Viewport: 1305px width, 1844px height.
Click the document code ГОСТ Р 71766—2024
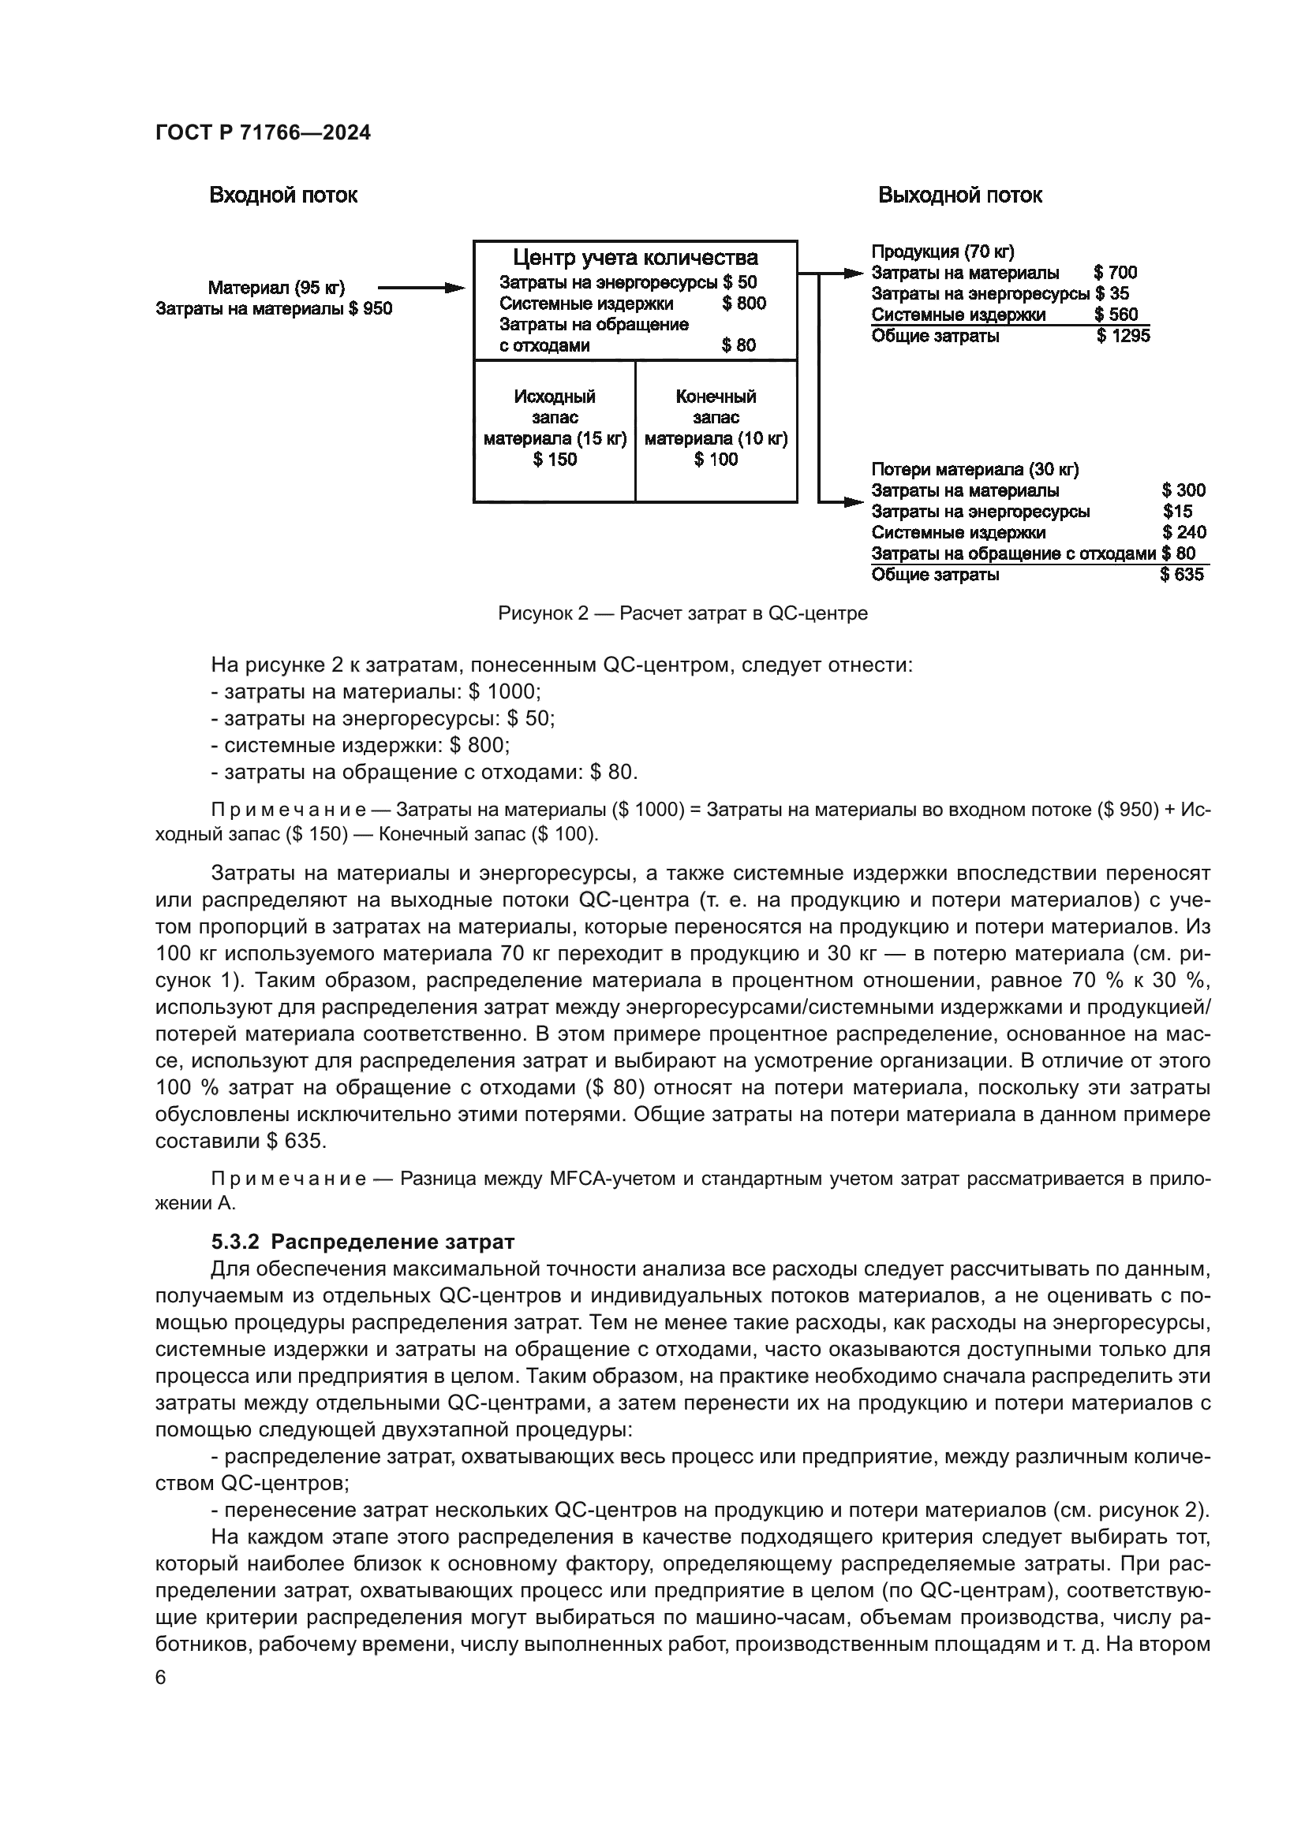(263, 133)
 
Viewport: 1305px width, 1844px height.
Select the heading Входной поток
(283, 196)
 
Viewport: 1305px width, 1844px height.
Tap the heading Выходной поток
(959, 196)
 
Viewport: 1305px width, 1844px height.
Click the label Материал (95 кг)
(275, 288)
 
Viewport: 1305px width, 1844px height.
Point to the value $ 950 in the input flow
(371, 308)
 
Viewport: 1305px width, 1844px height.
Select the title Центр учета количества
(635, 258)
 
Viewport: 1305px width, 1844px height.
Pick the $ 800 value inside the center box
(743, 304)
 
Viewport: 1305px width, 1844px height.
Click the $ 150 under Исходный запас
(555, 460)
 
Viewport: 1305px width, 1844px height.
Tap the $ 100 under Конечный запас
(715, 460)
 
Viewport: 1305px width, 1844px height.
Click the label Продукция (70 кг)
(943, 251)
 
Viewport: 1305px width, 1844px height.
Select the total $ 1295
(1123, 336)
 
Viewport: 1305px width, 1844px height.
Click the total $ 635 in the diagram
(1181, 574)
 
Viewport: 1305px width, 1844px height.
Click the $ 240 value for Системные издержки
(1183, 532)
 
